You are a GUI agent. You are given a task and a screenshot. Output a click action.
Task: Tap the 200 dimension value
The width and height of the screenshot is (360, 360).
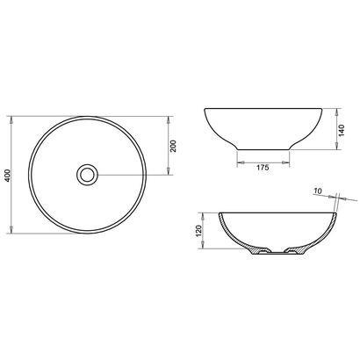tap(174, 145)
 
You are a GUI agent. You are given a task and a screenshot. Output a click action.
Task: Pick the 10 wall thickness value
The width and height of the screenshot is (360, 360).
tap(318, 190)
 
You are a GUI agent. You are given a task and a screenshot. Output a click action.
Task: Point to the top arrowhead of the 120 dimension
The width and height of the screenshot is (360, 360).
tap(208, 215)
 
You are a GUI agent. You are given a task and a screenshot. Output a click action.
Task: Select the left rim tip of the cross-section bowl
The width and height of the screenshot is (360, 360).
tap(217, 213)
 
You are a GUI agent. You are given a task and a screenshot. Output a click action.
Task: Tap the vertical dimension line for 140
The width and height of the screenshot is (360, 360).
tap(338, 132)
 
